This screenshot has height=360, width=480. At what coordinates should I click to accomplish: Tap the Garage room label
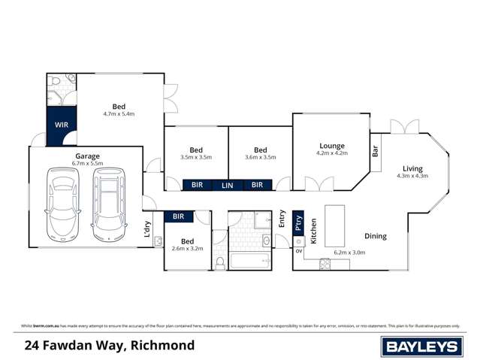(x=86, y=156)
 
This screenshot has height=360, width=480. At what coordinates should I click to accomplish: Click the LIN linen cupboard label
(x=226, y=185)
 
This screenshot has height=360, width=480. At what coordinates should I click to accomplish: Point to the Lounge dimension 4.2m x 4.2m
(x=331, y=153)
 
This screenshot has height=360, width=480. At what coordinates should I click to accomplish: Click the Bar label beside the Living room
(x=375, y=151)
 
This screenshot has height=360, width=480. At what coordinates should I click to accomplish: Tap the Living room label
(x=412, y=168)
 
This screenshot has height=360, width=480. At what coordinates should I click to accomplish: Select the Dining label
(x=375, y=236)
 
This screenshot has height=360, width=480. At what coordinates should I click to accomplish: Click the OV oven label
(x=298, y=252)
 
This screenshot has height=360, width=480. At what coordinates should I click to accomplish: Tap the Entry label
(x=282, y=218)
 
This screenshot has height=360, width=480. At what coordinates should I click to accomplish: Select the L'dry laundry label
(x=147, y=231)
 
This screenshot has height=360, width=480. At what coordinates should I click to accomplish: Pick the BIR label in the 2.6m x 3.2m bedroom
(x=178, y=216)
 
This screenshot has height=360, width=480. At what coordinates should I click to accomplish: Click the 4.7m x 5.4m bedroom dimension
(x=119, y=113)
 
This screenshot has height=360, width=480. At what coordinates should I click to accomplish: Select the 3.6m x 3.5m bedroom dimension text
(x=261, y=157)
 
